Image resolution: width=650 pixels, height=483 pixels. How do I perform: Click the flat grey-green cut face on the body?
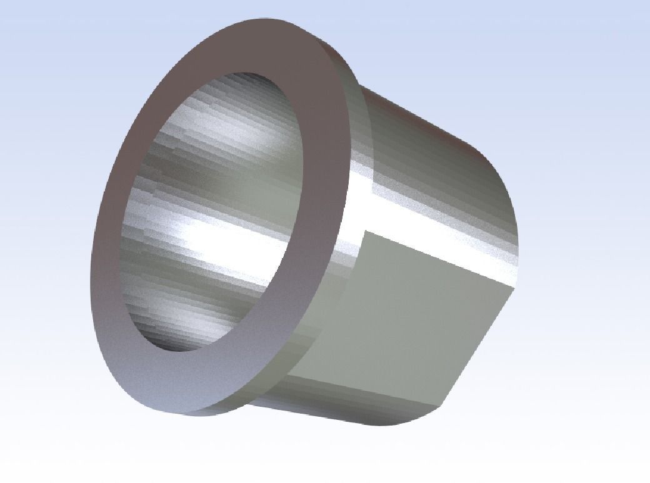coord(406,312)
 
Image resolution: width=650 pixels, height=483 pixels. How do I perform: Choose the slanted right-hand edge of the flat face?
coord(481,344)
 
